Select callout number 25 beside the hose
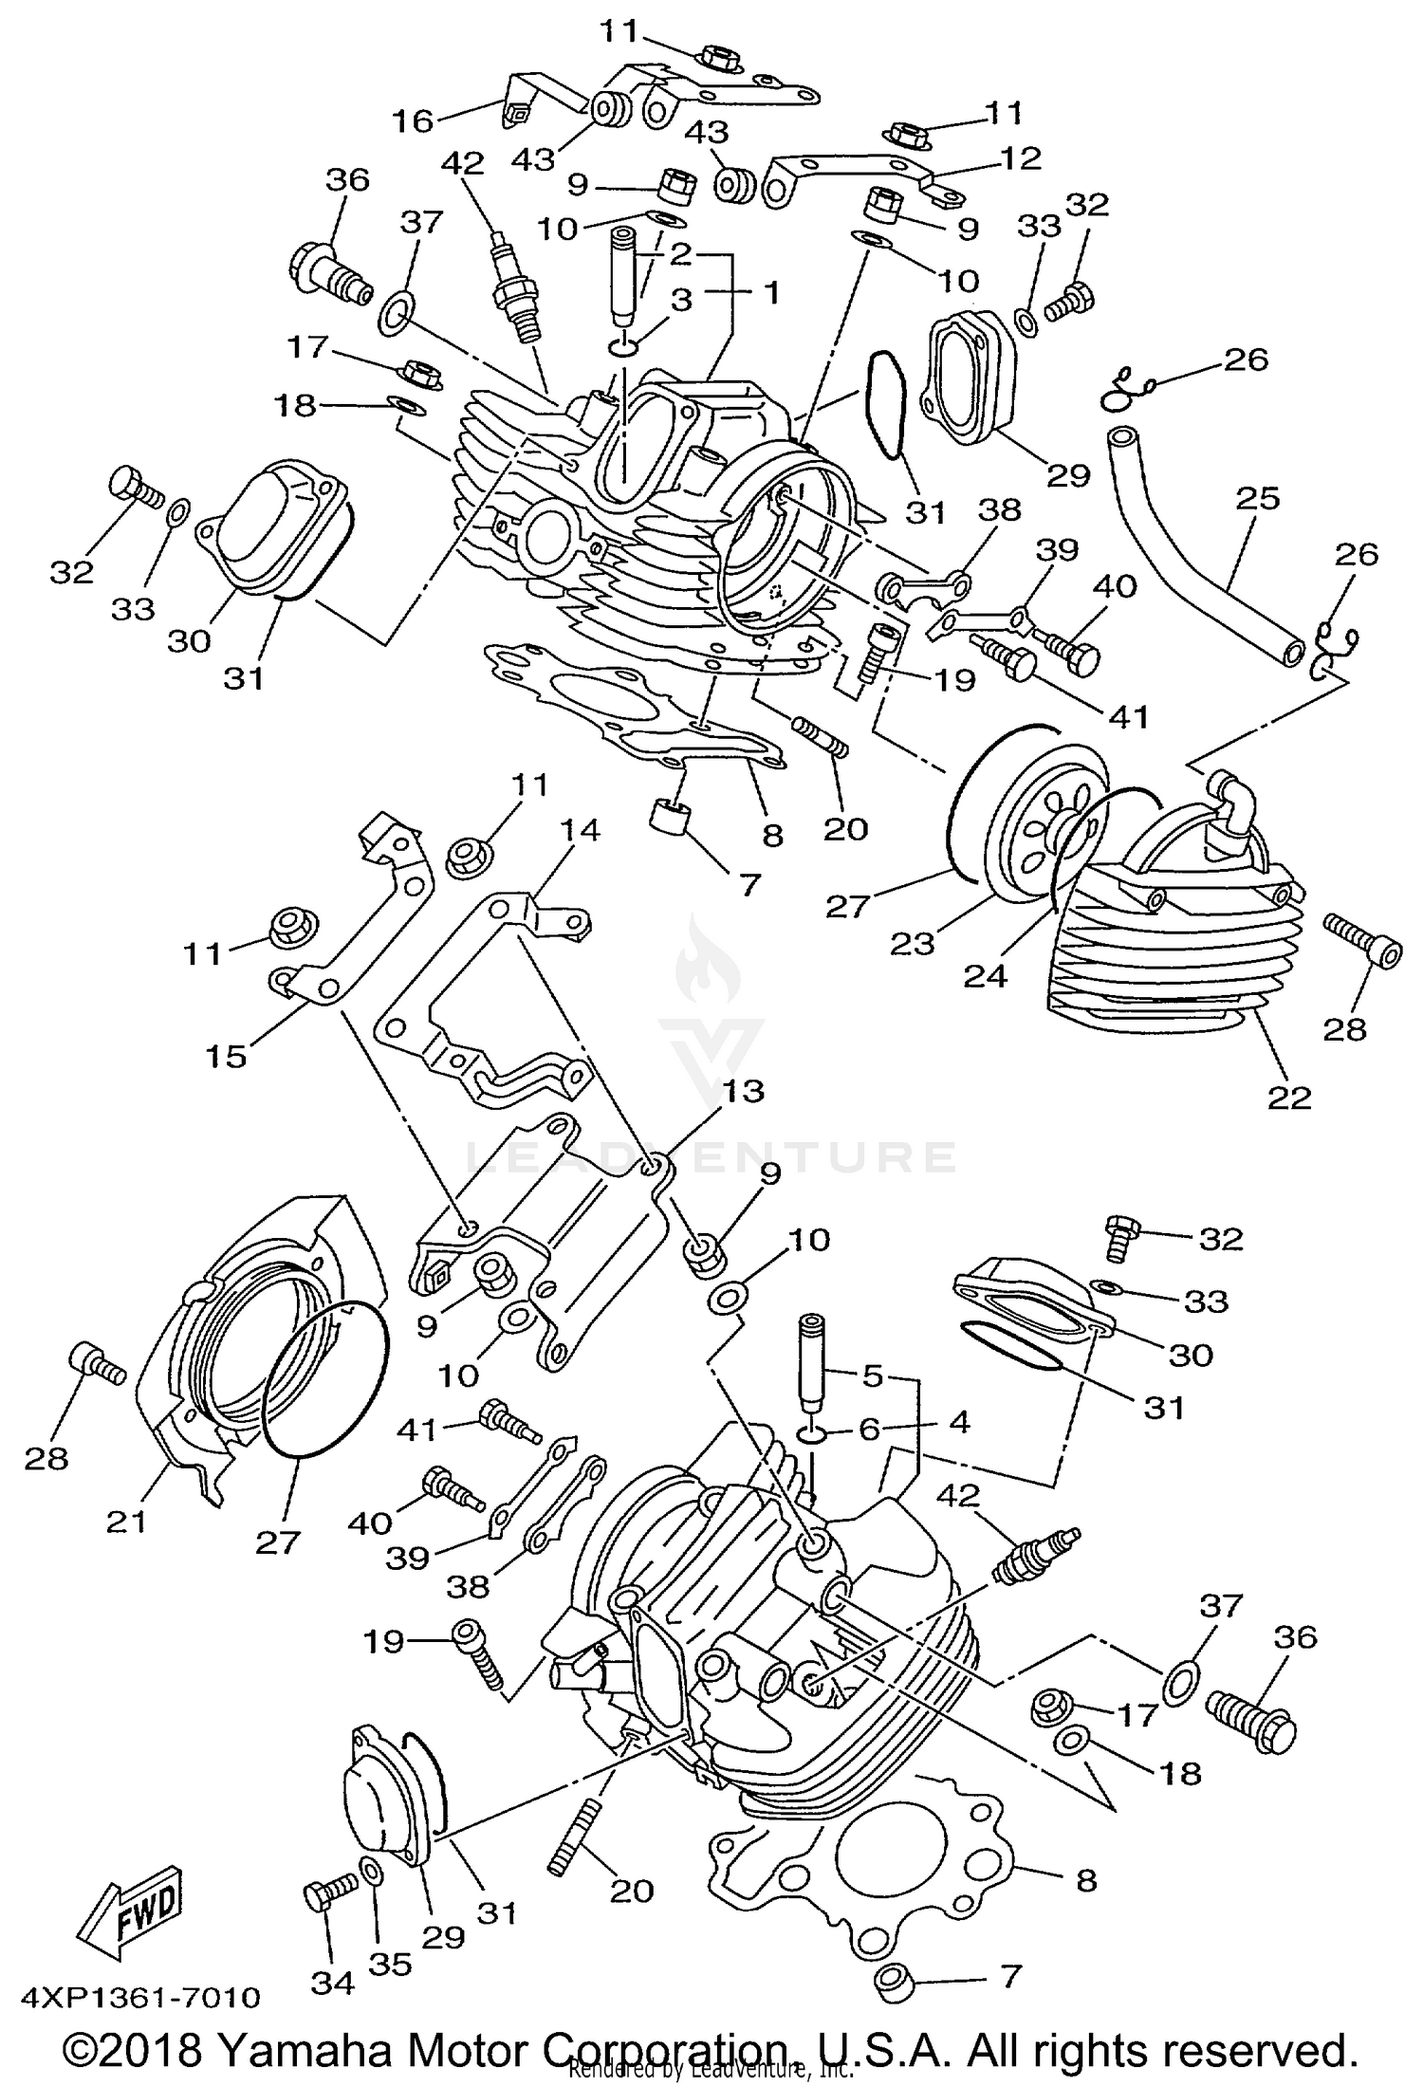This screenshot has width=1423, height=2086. tap(1258, 499)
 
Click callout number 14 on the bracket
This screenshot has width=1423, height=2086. tap(579, 831)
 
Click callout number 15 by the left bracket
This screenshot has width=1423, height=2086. tap(226, 1055)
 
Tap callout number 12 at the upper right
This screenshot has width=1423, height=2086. tap(1020, 157)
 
